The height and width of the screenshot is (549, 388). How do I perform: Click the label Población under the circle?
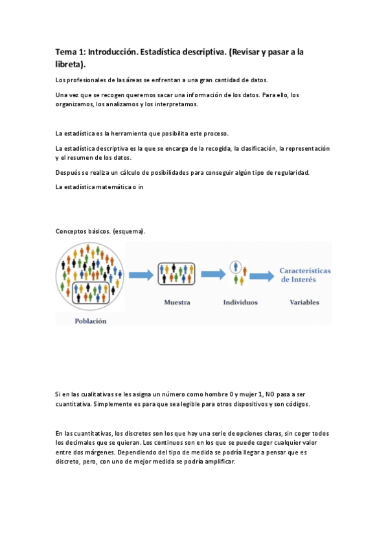91,320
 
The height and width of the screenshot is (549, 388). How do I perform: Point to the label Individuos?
240,302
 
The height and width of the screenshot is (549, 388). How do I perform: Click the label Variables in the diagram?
304,302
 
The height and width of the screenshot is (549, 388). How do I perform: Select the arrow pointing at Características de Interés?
262,276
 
